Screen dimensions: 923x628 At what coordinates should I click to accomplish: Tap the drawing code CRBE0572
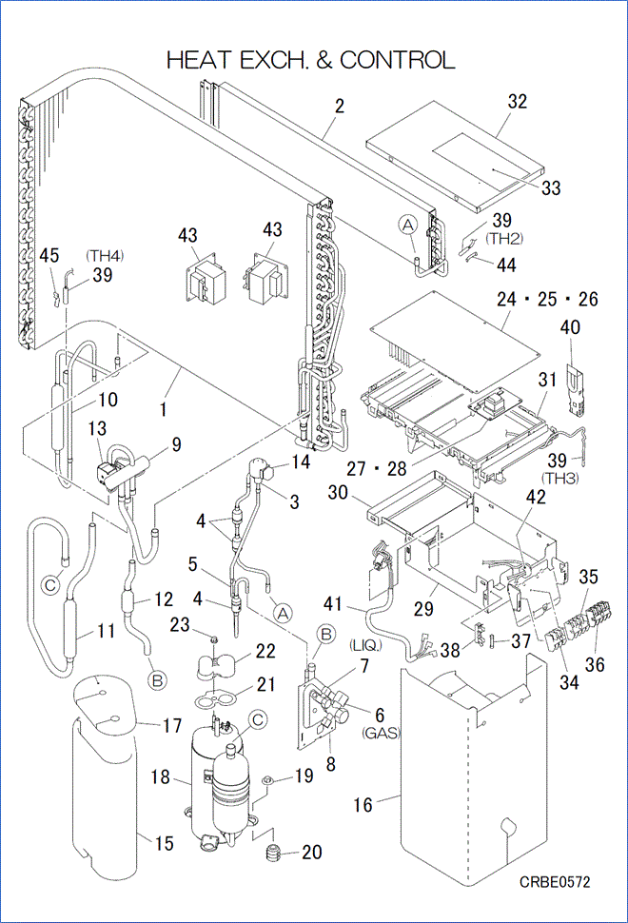555,883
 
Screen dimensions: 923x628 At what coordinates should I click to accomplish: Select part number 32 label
518,102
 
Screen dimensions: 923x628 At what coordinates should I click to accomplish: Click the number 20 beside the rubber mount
311,853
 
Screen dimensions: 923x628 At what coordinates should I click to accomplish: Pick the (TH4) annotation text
105,255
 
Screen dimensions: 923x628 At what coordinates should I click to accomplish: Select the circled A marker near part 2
407,225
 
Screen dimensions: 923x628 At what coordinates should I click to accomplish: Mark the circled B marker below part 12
155,679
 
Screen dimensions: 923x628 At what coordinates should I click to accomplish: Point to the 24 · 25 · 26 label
547,300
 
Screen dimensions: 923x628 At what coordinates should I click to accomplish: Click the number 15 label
165,842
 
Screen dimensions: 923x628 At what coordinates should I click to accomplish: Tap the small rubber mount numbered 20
274,850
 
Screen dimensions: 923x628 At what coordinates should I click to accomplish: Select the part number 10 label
108,400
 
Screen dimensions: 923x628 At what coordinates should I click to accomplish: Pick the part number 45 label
49,255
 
